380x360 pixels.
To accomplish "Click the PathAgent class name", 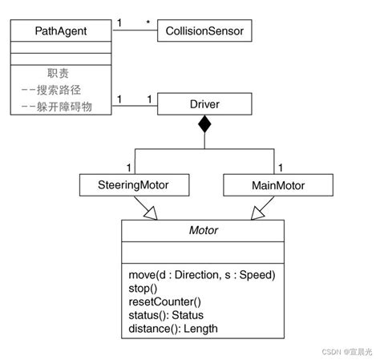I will click(62, 32).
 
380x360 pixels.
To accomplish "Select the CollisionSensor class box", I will click(204, 32).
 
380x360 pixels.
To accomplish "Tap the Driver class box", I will click(204, 104).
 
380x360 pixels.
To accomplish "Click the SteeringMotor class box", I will click(135, 185).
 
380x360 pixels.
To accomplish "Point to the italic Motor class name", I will click(203, 230).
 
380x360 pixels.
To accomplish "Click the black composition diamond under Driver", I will click(204, 124).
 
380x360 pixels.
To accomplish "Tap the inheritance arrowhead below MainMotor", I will click(258, 211).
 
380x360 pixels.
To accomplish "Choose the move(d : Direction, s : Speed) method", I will click(201, 274).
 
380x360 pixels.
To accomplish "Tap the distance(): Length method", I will click(172, 328).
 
